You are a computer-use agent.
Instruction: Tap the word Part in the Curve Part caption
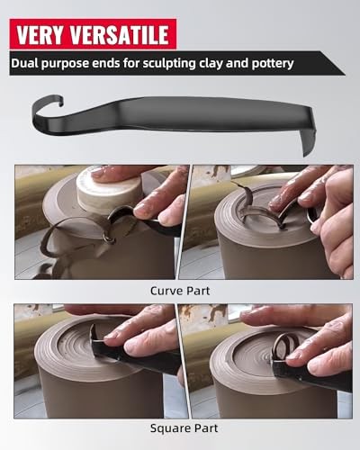point(200,292)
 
